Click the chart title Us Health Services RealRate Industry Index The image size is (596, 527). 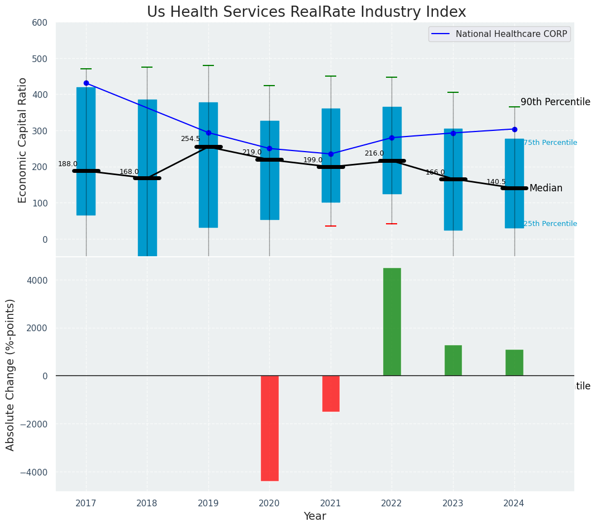coord(306,12)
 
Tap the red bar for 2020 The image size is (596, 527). coord(269,428)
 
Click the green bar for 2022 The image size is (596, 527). coord(392,322)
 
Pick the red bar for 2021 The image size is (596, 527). coord(331,393)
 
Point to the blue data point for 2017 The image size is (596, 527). coord(86,83)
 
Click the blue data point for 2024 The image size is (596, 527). coord(514,129)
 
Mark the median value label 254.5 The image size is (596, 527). coord(190,139)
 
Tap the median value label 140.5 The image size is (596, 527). coord(496,182)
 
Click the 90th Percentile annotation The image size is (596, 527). coord(555,102)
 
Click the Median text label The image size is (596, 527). coord(546,189)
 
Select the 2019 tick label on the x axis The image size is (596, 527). coord(208,504)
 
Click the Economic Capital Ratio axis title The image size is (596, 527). coord(23,140)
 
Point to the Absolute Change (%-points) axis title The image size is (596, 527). coord(11,374)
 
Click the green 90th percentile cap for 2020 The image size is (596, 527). coord(269,86)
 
